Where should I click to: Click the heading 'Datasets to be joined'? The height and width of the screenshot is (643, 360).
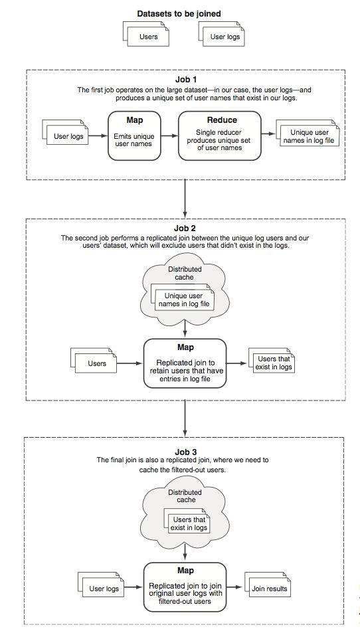(179, 13)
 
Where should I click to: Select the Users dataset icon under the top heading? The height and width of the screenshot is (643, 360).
(145, 34)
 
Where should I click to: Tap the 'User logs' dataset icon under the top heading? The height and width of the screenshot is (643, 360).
(221, 34)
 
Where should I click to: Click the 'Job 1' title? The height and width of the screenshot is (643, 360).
(186, 80)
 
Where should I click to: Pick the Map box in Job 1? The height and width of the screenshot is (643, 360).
(134, 136)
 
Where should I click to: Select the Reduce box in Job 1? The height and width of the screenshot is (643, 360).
(220, 136)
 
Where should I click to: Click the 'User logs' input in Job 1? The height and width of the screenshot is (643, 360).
(65, 133)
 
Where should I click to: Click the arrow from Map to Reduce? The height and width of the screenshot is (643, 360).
(169, 136)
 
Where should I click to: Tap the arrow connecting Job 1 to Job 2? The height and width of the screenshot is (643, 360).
(185, 199)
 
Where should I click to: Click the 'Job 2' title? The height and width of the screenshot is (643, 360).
(185, 229)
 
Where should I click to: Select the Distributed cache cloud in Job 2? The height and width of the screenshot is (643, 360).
(185, 286)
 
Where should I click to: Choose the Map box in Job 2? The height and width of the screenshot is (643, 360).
(185, 363)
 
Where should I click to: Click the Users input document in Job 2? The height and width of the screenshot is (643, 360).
(94, 361)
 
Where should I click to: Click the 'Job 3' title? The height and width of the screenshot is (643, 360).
(186, 452)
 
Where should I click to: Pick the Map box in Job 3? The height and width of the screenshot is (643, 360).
(185, 587)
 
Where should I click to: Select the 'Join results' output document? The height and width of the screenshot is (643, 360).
(268, 585)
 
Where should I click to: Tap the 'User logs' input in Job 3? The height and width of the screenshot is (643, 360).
(101, 585)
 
